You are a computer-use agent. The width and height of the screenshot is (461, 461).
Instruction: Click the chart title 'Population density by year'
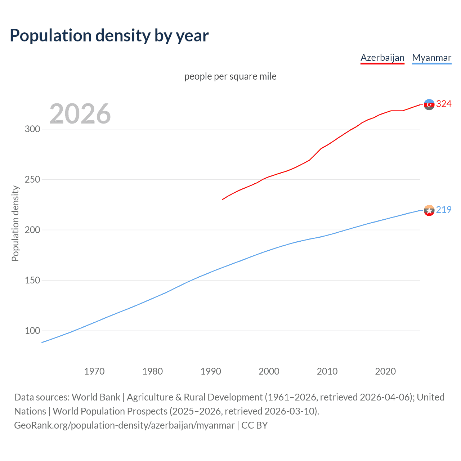pos(109,36)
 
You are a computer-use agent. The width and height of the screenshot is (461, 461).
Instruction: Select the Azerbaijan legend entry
pos(382,58)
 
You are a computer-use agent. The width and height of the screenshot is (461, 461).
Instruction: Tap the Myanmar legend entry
pos(431,58)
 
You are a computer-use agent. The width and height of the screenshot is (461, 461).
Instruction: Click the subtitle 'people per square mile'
pos(230,76)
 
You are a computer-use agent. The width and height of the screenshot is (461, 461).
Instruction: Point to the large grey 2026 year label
pos(80,114)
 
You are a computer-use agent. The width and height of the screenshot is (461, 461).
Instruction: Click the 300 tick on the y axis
pos(32,129)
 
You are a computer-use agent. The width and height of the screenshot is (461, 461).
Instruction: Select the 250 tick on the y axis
pos(32,179)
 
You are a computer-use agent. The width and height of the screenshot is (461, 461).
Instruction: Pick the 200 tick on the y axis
pos(32,230)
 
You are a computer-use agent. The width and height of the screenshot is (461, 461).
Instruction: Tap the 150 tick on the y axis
pos(32,280)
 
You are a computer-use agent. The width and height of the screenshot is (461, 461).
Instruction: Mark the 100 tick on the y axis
pos(32,331)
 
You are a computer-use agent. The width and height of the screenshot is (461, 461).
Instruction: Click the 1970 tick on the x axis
pos(94,371)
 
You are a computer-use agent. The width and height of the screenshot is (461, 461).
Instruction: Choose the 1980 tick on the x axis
pos(153,371)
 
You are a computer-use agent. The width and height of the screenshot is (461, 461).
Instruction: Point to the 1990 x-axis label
pos(211,371)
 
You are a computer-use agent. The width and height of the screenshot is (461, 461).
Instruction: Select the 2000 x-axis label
pos(269,371)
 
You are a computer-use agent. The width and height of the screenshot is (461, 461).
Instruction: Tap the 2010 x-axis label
pos(327,371)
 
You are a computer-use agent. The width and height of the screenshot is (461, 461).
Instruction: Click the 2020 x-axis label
pos(385,371)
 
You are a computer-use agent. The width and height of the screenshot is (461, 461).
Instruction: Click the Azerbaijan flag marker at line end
pos(429,104)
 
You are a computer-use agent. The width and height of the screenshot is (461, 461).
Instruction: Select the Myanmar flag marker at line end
pos(429,210)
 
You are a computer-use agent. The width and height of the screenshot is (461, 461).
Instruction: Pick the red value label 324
pos(444,104)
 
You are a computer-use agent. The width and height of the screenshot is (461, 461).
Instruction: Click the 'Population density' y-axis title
pos(15,223)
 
